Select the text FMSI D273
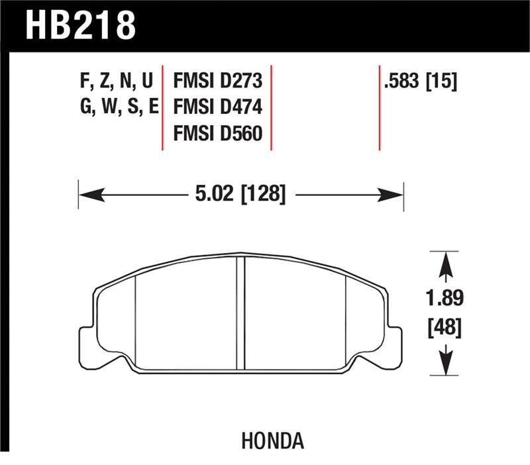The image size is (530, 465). tap(218, 81)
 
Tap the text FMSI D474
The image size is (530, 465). tap(218, 107)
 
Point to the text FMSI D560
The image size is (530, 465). tap(218, 134)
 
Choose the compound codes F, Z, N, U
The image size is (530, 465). tap(116, 81)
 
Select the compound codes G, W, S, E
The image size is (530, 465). tap(116, 107)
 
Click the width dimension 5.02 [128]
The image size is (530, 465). tap(240, 195)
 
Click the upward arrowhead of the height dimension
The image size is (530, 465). tap(447, 266)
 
